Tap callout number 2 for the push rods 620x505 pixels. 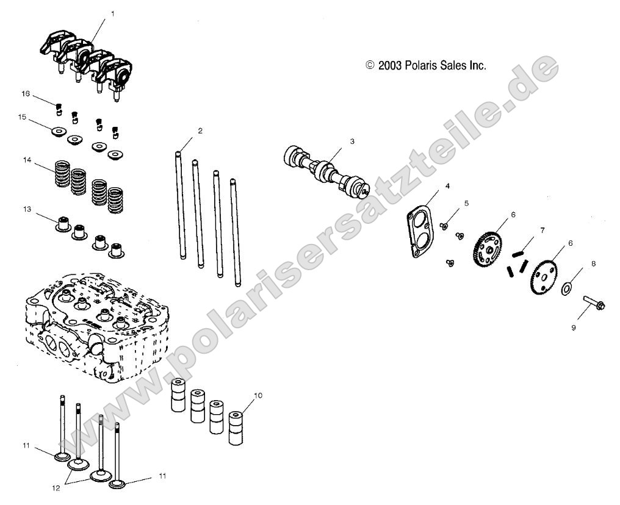[200, 131]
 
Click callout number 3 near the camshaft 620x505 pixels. [369, 141]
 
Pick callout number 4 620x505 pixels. [447, 185]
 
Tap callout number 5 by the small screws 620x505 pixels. [467, 204]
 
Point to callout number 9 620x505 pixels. [573, 327]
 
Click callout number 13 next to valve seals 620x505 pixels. [26, 209]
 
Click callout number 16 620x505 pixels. [25, 95]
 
